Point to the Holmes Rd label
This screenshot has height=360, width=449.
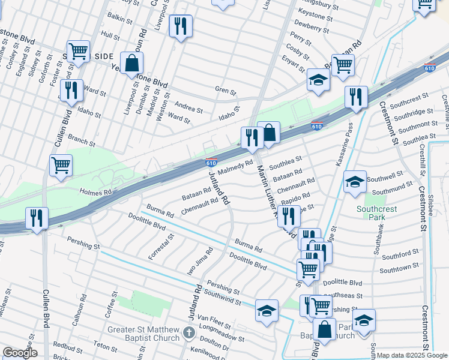click(x=96, y=192)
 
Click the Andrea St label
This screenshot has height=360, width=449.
click(x=188, y=108)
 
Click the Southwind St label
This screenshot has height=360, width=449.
click(x=222, y=295)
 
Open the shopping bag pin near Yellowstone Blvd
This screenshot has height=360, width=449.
click(x=131, y=62)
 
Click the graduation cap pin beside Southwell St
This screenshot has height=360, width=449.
click(x=355, y=182)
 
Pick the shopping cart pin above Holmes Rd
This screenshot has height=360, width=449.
click(x=61, y=165)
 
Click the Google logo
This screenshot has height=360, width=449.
click(x=20, y=353)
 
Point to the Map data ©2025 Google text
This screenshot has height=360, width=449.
click(x=411, y=355)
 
